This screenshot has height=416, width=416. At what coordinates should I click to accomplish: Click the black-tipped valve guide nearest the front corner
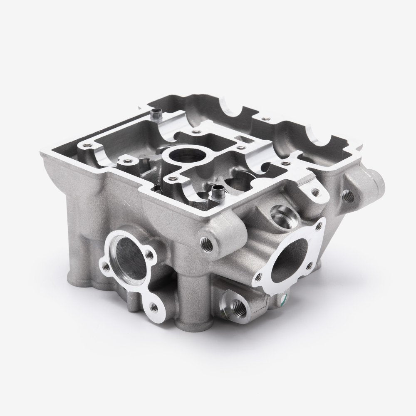coord(216,192)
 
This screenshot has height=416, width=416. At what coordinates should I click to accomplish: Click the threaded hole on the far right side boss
coord(347,193)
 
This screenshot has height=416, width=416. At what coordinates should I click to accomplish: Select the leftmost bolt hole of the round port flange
coord(105,265)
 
